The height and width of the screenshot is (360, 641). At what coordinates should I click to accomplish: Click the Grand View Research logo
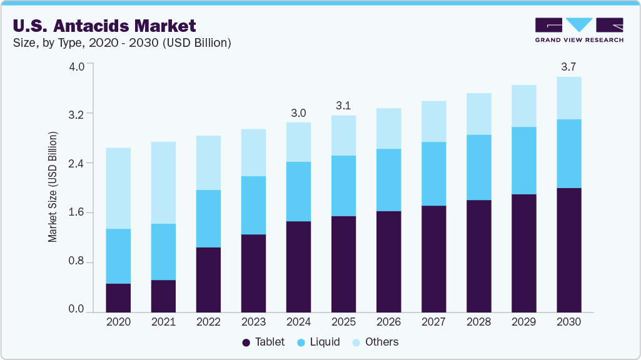tap(578, 30)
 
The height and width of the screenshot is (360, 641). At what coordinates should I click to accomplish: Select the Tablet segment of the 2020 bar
tap(118, 297)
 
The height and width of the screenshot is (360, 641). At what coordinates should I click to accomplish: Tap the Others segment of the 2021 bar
tap(163, 182)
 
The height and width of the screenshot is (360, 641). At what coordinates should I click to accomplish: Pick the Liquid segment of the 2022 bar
tap(208, 219)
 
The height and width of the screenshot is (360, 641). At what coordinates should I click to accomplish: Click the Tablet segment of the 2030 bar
tap(568, 249)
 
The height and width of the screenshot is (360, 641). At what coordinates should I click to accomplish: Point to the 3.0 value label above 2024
tap(298, 113)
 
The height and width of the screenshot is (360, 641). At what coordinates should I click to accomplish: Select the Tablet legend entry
tap(263, 342)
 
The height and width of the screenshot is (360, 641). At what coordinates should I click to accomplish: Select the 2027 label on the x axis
tap(433, 322)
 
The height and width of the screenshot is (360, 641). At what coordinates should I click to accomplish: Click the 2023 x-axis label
tap(253, 322)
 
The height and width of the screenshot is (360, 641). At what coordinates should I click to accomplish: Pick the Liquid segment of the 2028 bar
tap(478, 167)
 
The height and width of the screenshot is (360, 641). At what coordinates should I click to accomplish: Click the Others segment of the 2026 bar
tap(388, 129)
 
